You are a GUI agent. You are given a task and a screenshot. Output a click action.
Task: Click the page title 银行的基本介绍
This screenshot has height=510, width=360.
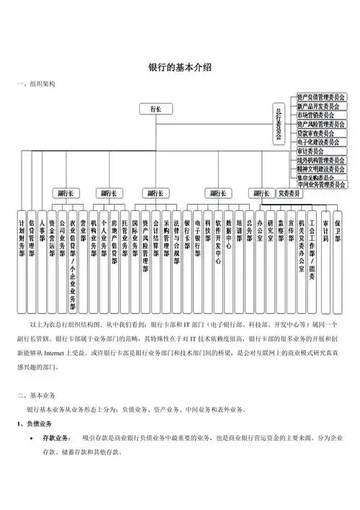pyautogui.click(x=179, y=67)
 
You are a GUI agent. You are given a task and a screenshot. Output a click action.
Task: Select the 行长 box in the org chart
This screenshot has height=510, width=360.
pyautogui.click(x=156, y=109)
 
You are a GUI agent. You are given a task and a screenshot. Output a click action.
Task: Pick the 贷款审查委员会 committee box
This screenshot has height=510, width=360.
pyautogui.click(x=316, y=133)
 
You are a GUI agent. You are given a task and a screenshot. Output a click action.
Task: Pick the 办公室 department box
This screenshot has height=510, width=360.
pyautogui.click(x=260, y=230)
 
